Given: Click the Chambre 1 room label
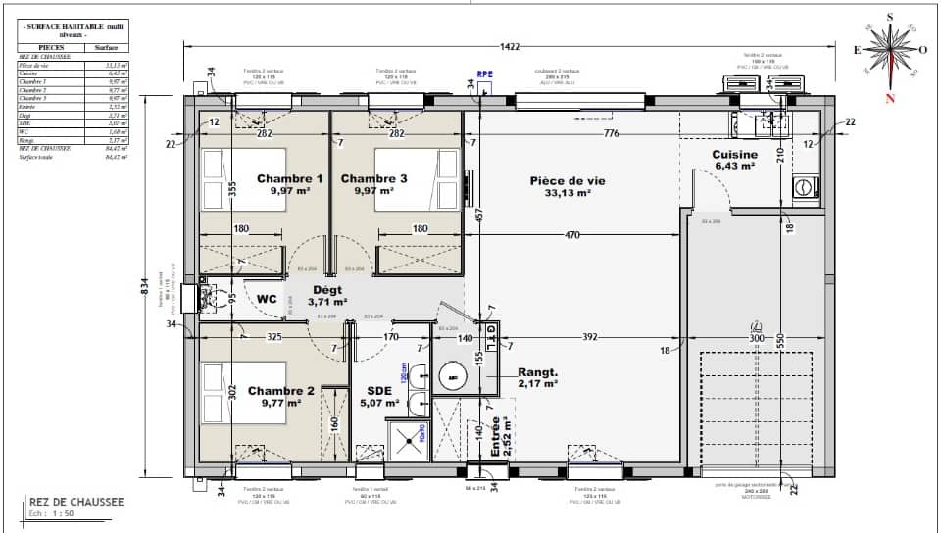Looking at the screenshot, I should click(x=289, y=179).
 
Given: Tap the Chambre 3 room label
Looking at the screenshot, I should click(x=373, y=179).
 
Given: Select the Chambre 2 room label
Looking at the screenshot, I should click(x=280, y=390).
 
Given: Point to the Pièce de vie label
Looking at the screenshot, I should click(x=568, y=180).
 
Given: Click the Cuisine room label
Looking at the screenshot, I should click(x=734, y=155).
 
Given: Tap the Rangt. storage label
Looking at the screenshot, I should click(x=537, y=373).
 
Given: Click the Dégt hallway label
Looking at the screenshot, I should click(x=326, y=291).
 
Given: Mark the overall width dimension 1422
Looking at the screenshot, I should click(x=509, y=46).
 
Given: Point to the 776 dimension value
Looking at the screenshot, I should click(x=611, y=133).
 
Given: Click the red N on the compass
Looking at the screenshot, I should click(x=890, y=98).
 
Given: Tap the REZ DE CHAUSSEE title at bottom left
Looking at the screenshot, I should click(x=76, y=502).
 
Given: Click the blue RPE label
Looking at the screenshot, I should click(x=483, y=74).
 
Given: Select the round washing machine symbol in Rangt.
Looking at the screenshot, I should click(x=454, y=375).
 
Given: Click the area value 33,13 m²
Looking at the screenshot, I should click(x=568, y=193).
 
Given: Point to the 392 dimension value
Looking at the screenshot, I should click(x=588, y=338).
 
